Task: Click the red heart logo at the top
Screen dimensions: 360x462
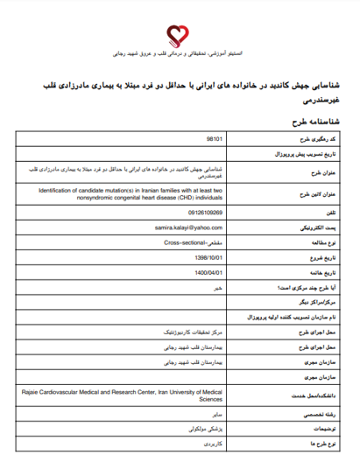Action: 180,34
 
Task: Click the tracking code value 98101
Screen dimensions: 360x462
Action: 214,138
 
